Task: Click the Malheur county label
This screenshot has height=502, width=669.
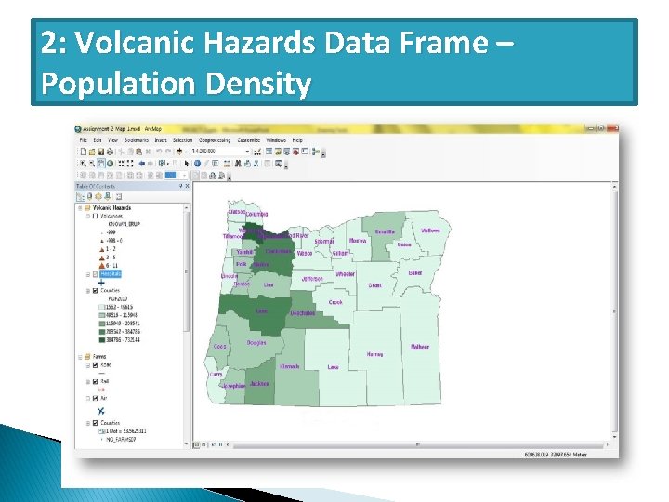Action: click(x=420, y=347)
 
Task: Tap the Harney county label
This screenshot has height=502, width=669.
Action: click(x=374, y=354)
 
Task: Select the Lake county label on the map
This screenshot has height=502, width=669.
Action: click(x=333, y=367)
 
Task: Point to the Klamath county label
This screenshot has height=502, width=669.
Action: click(x=289, y=366)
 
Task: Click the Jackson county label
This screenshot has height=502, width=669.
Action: click(x=259, y=383)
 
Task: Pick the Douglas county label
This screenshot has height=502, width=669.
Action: click(x=256, y=343)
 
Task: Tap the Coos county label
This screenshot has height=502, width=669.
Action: click(x=219, y=346)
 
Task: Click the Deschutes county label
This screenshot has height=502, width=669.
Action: click(x=301, y=313)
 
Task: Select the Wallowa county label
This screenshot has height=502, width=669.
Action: click(x=430, y=230)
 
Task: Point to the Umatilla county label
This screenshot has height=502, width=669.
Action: click(x=385, y=231)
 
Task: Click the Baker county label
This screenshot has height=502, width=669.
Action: click(x=414, y=273)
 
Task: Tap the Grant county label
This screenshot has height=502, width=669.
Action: click(x=374, y=285)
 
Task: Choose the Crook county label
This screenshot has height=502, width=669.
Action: click(x=335, y=302)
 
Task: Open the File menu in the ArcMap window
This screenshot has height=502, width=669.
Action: click(x=83, y=139)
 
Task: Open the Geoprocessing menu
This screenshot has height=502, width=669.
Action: click(x=215, y=139)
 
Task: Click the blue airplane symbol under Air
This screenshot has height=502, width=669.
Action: click(x=100, y=410)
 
